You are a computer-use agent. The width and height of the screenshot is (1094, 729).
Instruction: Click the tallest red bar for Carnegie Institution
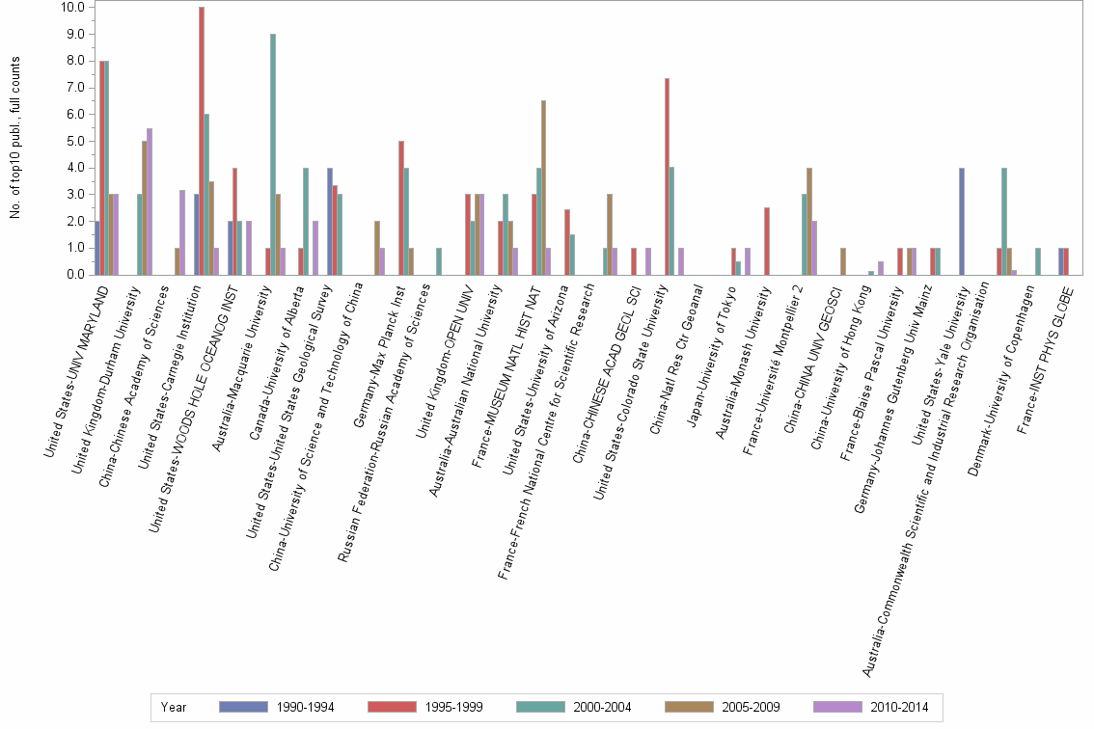(x=202, y=141)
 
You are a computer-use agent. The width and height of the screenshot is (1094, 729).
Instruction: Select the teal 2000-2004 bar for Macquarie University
(x=273, y=154)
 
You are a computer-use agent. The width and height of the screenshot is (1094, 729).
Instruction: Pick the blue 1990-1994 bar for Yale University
(x=962, y=221)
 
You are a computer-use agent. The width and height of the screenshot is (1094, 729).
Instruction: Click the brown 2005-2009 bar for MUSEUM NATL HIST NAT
(x=544, y=187)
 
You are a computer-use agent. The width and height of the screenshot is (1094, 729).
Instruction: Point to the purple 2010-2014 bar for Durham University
(x=149, y=202)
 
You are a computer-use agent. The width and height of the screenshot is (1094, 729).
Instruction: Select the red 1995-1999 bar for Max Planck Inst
(x=401, y=207)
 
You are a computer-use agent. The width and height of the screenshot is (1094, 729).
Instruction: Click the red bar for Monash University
(x=766, y=241)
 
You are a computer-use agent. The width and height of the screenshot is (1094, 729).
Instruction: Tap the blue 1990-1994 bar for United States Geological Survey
(x=329, y=221)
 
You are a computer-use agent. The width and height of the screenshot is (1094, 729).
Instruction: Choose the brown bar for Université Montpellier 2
(x=808, y=221)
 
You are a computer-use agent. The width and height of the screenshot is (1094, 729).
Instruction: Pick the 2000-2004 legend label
(x=601, y=707)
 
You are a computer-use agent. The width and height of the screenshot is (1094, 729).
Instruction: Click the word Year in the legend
(x=174, y=707)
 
